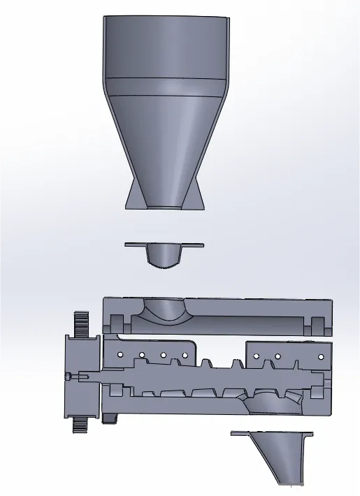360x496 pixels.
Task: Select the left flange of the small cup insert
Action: point(136,245)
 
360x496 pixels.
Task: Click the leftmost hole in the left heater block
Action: point(120,356)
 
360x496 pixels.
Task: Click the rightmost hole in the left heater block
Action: point(185,355)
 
